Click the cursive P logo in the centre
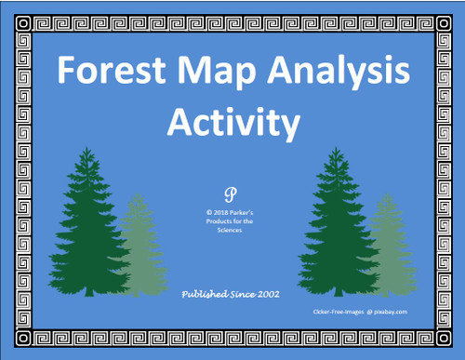231,194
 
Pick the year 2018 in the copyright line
225,211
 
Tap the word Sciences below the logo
232,233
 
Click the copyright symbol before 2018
210,211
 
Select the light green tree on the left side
139,247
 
